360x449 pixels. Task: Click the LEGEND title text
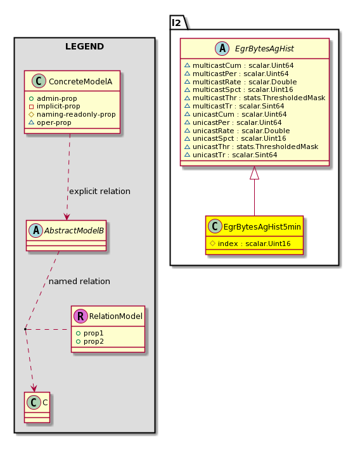84,46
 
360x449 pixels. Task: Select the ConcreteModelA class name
80,82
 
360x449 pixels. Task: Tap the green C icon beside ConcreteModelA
39,81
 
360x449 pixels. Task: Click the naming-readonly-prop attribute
72,115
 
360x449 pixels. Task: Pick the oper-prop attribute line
50,122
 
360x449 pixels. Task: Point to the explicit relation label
100,192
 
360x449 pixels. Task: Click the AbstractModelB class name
74,230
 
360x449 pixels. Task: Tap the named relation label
79,282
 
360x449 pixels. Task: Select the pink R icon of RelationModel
80,316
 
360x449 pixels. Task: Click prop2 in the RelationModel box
90,341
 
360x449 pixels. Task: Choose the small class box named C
37,407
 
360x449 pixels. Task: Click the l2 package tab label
177,22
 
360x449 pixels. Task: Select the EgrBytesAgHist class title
264,49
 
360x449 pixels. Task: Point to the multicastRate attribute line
241,82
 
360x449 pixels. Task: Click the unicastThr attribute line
251,146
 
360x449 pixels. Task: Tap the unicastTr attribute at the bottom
231,155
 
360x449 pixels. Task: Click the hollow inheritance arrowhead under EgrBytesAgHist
254,172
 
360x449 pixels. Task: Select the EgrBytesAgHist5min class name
262,227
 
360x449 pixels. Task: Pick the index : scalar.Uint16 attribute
250,244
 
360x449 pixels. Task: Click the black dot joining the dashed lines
25,329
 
